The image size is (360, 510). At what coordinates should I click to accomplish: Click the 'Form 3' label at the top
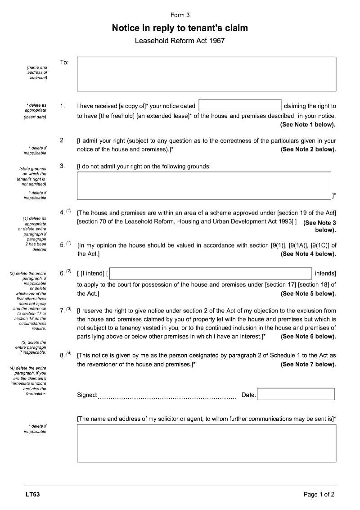tap(180, 15)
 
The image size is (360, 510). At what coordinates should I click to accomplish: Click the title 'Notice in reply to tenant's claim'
tap(180, 28)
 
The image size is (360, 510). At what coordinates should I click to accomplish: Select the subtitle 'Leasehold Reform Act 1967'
tap(180, 41)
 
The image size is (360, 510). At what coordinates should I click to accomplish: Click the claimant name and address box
tap(207, 74)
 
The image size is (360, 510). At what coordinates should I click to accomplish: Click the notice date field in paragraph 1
tap(240, 105)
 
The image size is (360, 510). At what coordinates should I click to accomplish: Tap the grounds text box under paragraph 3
tap(204, 186)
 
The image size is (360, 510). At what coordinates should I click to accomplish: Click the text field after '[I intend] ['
tap(211, 273)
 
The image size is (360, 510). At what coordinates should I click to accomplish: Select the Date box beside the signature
tap(296, 394)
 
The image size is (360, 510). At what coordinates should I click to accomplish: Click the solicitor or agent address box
tap(207, 443)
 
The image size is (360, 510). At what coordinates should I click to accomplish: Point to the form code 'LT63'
tap(33, 495)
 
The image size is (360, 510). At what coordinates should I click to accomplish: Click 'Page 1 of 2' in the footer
tap(319, 495)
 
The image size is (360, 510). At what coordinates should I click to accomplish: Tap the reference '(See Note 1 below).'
tap(308, 124)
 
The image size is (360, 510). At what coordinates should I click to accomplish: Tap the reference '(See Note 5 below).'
tap(308, 293)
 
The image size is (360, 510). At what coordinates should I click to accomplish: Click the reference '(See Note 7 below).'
tap(308, 364)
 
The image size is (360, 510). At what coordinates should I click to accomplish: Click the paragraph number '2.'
tap(63, 140)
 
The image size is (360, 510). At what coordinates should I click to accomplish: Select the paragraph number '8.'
tap(63, 356)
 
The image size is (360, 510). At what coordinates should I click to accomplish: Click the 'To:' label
tap(64, 62)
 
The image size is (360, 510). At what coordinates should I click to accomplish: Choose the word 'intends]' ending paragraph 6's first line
tap(325, 273)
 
